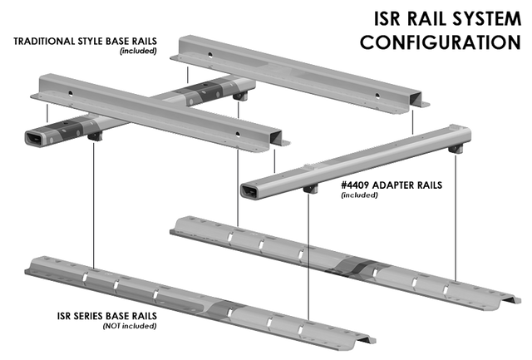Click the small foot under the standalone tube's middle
[313, 189]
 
